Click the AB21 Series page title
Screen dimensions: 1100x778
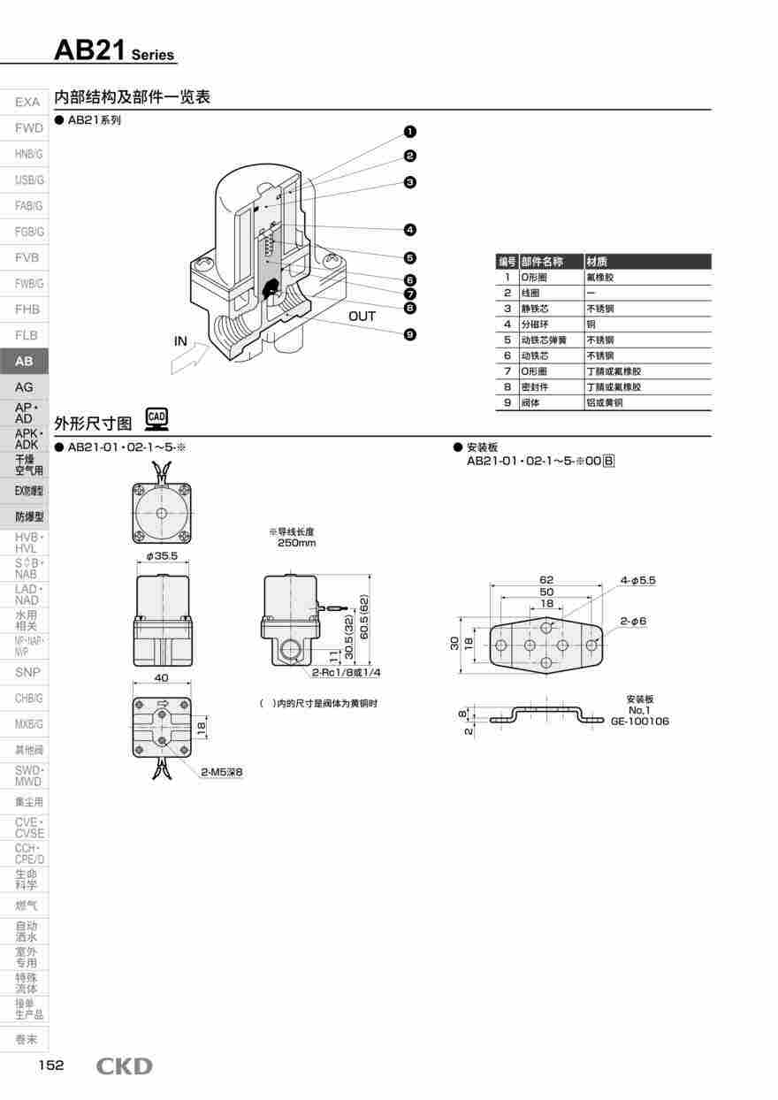[x=115, y=51]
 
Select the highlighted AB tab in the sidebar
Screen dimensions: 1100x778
[x=24, y=362]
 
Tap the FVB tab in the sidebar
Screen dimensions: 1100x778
[x=27, y=257]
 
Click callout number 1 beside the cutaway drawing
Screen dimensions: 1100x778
[x=410, y=132]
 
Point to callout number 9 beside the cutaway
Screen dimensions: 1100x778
[x=410, y=334]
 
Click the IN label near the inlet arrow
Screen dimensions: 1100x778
[x=181, y=341]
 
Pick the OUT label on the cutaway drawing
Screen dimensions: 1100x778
[x=362, y=316]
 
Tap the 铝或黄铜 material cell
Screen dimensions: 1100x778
[x=605, y=402]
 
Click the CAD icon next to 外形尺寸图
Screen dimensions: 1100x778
[x=156, y=417]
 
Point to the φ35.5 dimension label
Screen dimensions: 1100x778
[x=162, y=556]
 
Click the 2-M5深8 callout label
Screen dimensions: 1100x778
[x=221, y=772]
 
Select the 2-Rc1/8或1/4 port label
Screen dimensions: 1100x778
[x=347, y=673]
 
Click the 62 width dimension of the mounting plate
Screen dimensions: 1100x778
[x=546, y=580]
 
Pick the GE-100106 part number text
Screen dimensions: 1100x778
[x=639, y=722]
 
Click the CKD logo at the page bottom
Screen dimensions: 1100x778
[x=124, y=1066]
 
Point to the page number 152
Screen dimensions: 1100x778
[x=50, y=1066]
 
